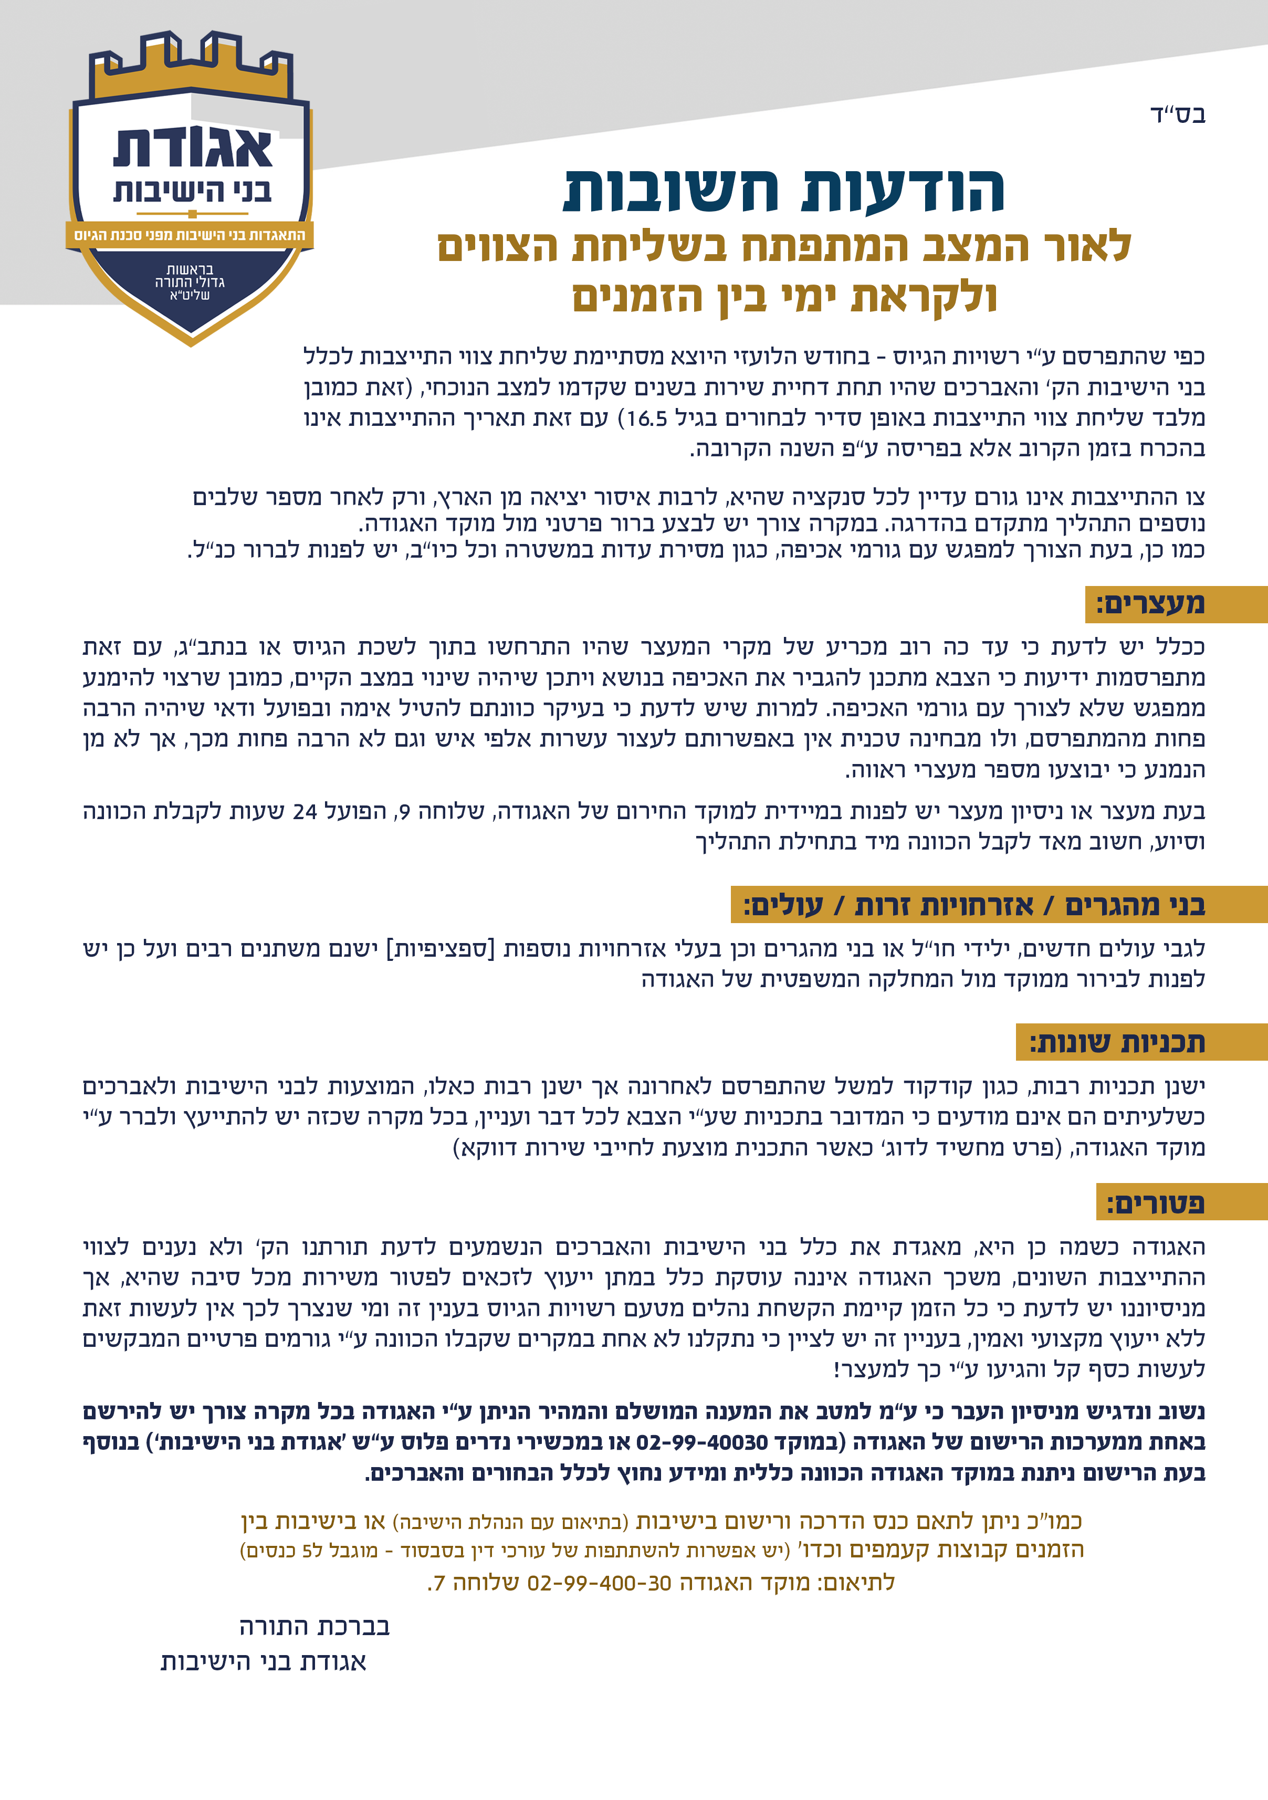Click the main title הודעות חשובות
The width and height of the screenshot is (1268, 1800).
click(x=784, y=191)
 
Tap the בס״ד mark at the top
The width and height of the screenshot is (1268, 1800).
click(x=1177, y=115)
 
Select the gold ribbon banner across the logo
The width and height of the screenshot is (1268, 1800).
click(x=190, y=235)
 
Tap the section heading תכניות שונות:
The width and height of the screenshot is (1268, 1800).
click(x=1117, y=1043)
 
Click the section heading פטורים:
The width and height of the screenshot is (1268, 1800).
click(x=1155, y=1202)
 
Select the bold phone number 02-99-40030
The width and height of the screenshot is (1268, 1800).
click(x=701, y=1442)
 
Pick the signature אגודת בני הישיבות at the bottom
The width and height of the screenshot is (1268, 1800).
click(x=264, y=1662)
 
